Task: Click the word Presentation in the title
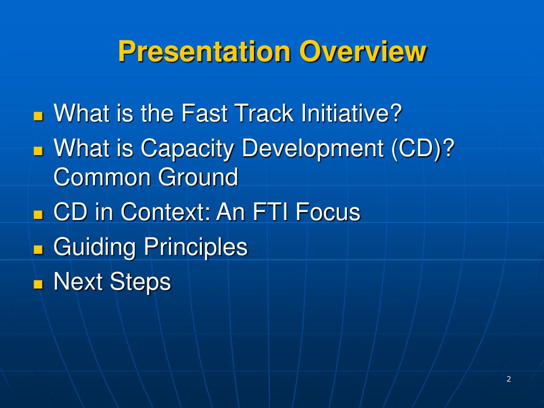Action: point(205,52)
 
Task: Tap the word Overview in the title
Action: point(362,52)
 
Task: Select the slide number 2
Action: point(508,379)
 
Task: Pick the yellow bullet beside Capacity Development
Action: point(38,151)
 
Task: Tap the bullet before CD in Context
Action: point(38,215)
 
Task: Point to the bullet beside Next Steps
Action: point(38,284)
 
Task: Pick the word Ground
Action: point(198,177)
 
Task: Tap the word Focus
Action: point(328,212)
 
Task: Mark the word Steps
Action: point(140,283)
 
